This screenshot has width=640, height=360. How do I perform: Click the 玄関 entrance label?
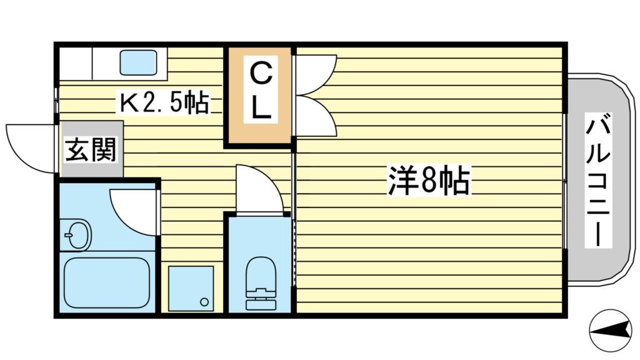pyautogui.click(x=91, y=150)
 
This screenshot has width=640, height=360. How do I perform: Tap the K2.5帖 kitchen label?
pyautogui.click(x=164, y=102)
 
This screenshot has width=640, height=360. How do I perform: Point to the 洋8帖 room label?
pyautogui.click(x=429, y=181)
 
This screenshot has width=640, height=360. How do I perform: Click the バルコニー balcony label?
pyautogui.click(x=597, y=181)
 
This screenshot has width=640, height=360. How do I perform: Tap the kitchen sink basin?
pyautogui.click(x=137, y=62)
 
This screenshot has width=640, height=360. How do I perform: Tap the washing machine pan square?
pyautogui.click(x=191, y=287)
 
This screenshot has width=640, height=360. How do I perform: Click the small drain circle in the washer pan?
pyautogui.click(x=204, y=301)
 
